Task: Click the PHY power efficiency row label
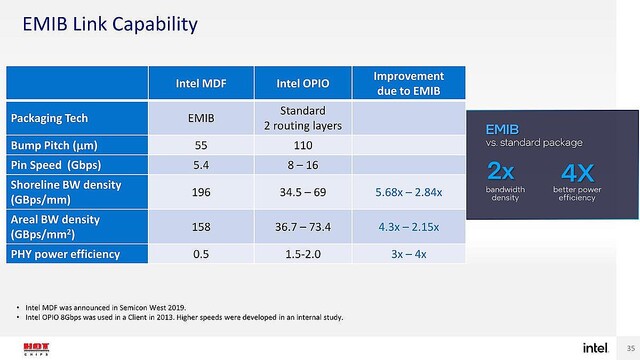65,254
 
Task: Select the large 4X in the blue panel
578,171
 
